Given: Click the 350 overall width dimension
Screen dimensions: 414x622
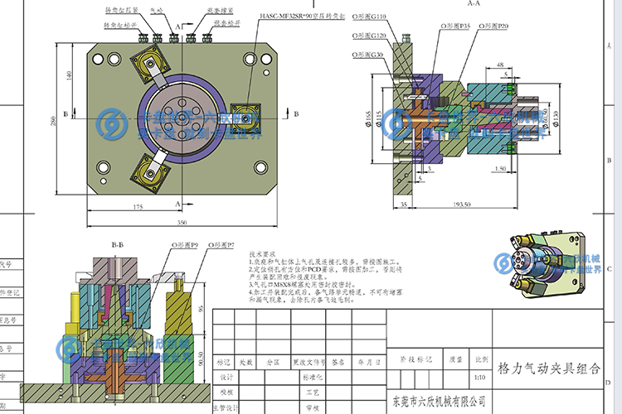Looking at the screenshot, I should (182, 223).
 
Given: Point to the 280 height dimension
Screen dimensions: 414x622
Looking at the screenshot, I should (53, 122).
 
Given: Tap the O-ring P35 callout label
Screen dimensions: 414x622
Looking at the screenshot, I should (456, 26).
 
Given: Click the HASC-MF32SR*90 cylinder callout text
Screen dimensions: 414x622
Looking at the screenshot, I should (301, 16).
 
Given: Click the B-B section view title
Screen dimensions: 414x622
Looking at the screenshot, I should (118, 245).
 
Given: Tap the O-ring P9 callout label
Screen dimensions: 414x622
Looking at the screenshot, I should (183, 246).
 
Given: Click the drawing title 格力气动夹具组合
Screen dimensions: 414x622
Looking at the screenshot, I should (547, 366).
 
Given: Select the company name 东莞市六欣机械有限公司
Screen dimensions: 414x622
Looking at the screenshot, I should (438, 402).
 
